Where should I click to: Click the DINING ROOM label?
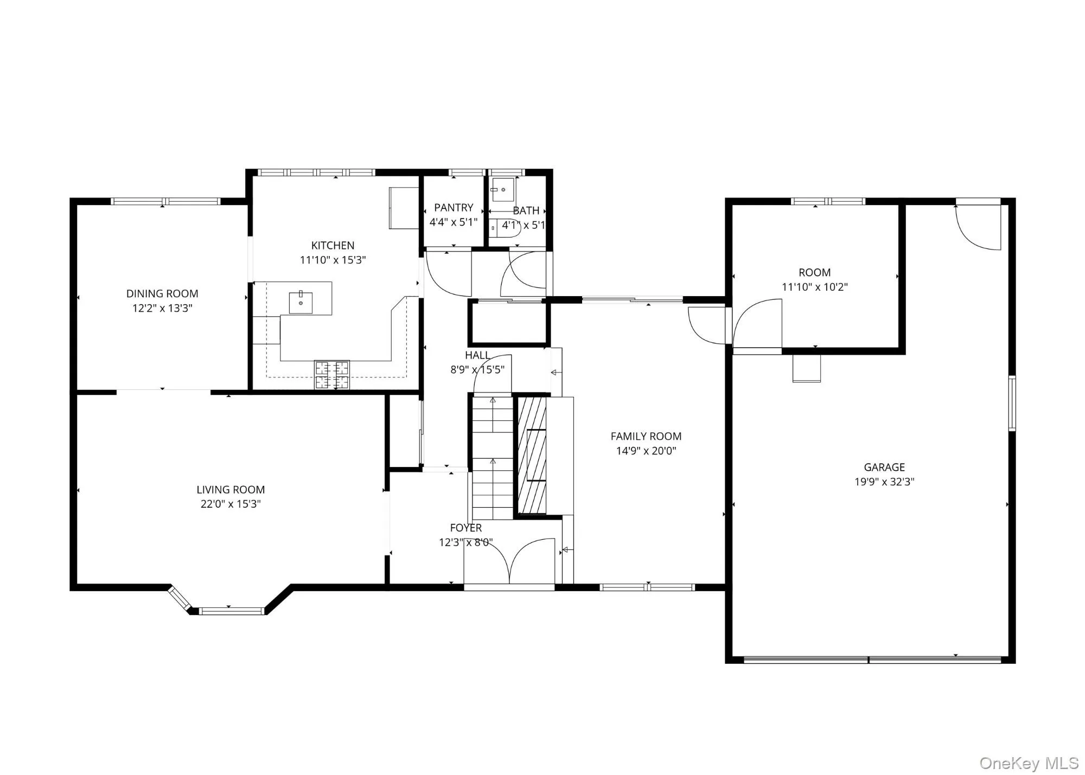pyautogui.click(x=162, y=293)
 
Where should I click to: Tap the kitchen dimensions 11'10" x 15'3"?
pyautogui.click(x=333, y=260)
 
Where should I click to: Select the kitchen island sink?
pyautogui.click(x=301, y=302)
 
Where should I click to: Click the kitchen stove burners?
pyautogui.click(x=332, y=375)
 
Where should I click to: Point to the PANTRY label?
pyautogui.click(x=454, y=208)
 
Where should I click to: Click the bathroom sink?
pyautogui.click(x=503, y=190)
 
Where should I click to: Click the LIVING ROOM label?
pyautogui.click(x=231, y=489)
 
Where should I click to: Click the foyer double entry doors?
pyautogui.click(x=509, y=563)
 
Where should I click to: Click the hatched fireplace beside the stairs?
pyautogui.click(x=532, y=456)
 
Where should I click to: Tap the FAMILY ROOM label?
pyautogui.click(x=646, y=436)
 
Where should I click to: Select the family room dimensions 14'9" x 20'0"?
pyautogui.click(x=646, y=451)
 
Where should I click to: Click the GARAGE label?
pyautogui.click(x=884, y=467)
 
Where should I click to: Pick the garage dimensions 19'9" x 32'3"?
pyautogui.click(x=884, y=482)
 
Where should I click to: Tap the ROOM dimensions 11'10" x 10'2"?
pyautogui.click(x=814, y=287)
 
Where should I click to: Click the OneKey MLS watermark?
pyautogui.click(x=1029, y=763)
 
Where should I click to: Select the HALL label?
pyautogui.click(x=477, y=355)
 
